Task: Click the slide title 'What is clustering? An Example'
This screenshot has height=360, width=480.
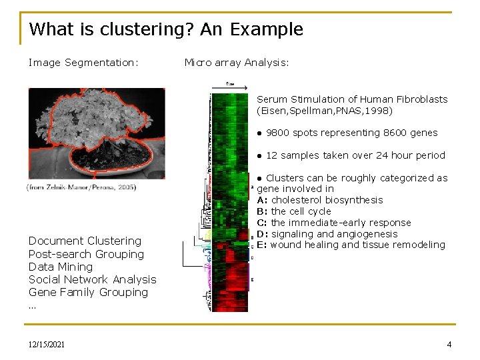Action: [x=166, y=29]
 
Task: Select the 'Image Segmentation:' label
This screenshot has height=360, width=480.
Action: [x=83, y=63]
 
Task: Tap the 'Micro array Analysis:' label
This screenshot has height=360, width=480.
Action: [x=237, y=63]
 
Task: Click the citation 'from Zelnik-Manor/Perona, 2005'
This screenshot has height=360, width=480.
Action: [x=82, y=187]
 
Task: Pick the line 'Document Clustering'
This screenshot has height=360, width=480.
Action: [x=85, y=241]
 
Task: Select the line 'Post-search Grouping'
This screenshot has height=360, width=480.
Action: [x=86, y=254]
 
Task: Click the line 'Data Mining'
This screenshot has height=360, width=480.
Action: [x=61, y=267]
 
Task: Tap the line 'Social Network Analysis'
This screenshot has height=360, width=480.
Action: [x=92, y=279]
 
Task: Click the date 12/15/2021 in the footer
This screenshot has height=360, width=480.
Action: [x=47, y=345]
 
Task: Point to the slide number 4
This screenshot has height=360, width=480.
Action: [x=449, y=345]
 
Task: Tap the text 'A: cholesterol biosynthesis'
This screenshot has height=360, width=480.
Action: [x=320, y=200]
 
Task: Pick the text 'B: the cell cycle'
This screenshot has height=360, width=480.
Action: [x=293, y=211]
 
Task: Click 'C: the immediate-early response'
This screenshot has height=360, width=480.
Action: [x=334, y=223]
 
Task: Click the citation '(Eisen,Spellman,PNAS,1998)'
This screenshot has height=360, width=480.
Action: [x=325, y=111]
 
